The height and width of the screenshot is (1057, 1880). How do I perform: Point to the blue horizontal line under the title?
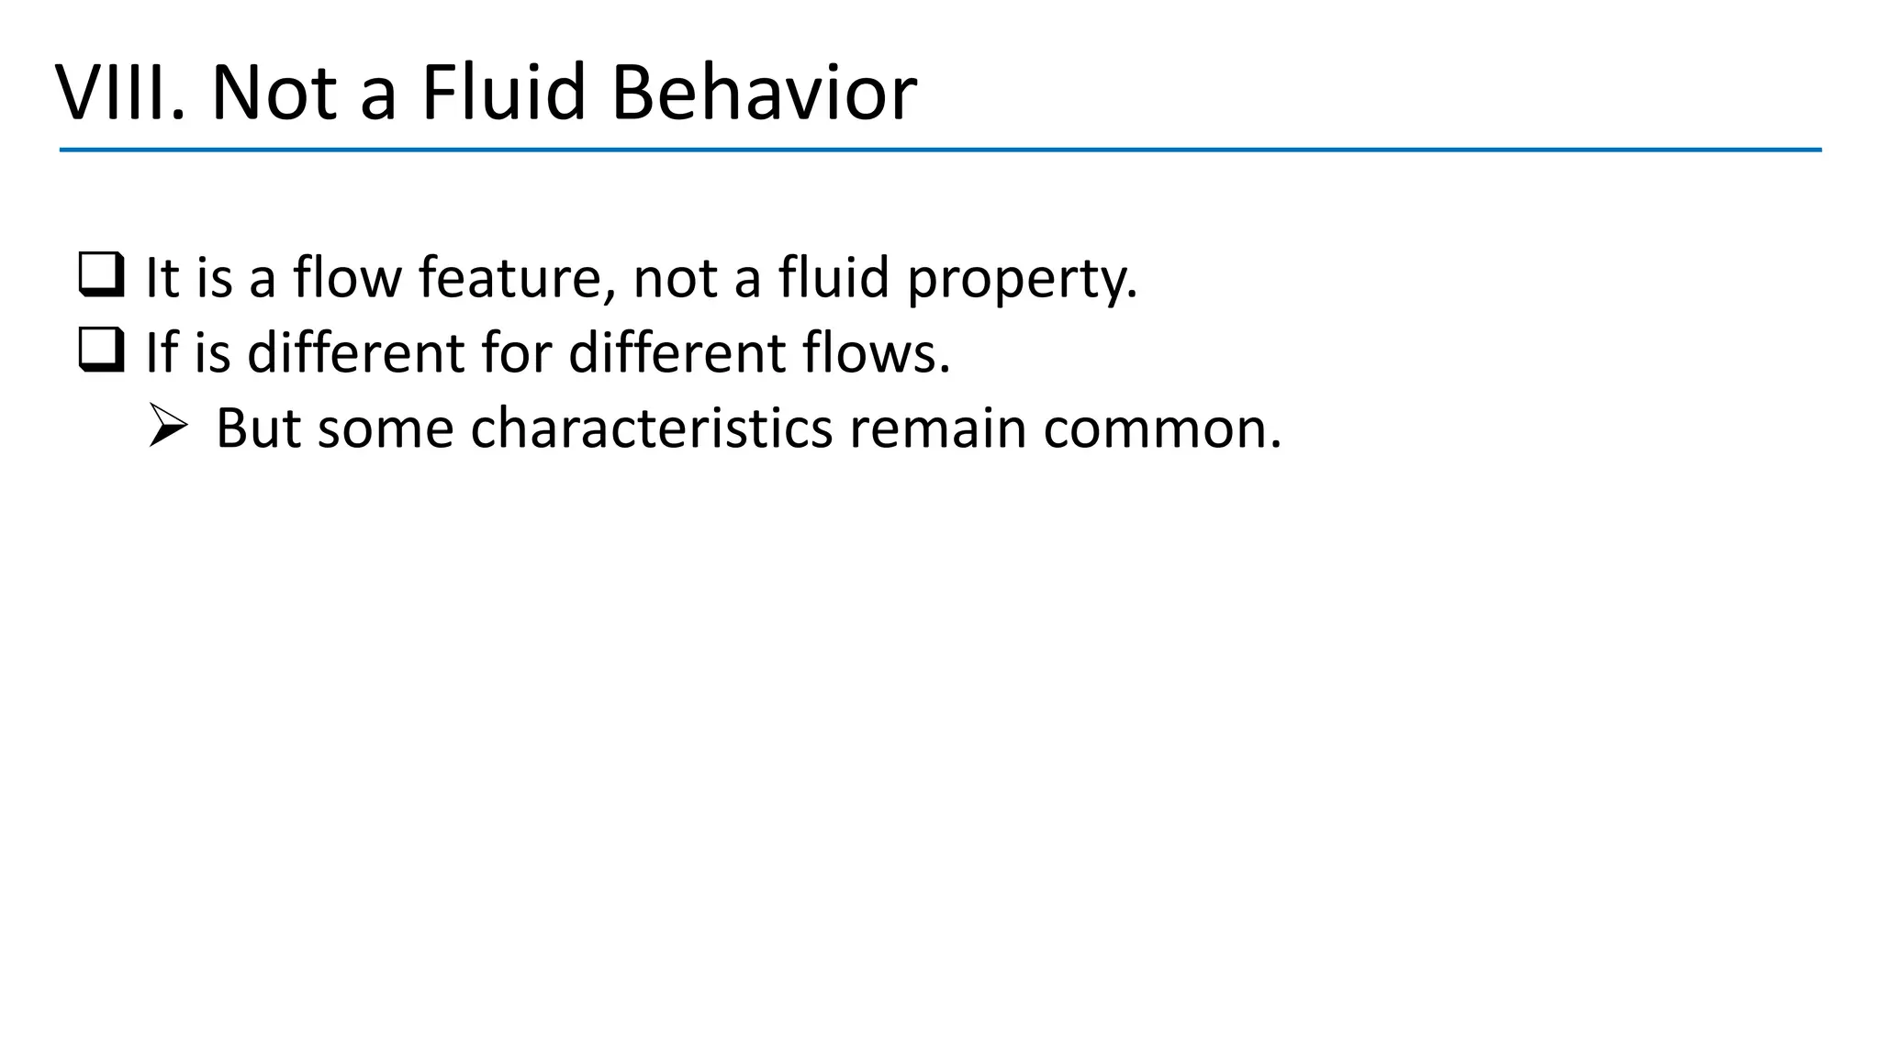940,150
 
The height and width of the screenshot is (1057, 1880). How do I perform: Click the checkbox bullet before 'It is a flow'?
101,275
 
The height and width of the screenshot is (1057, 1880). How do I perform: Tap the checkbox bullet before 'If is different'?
101,351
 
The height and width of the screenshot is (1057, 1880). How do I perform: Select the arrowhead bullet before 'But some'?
168,427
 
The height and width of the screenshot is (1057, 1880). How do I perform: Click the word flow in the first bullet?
347,277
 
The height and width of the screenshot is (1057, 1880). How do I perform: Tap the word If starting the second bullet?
161,352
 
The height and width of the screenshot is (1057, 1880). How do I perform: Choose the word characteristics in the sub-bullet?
651,428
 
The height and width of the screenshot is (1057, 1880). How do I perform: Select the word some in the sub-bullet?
386,428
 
